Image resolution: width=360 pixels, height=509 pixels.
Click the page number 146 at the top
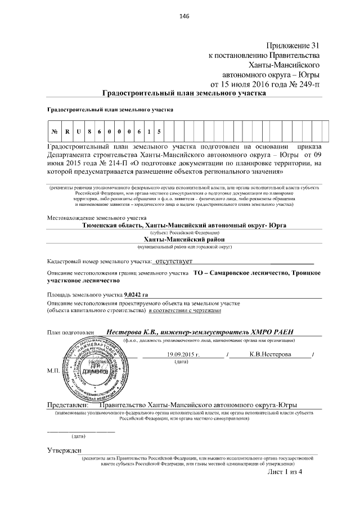click(183, 16)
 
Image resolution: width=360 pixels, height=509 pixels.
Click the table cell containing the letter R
click(67, 132)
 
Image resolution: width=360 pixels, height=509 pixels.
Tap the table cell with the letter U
click(80, 132)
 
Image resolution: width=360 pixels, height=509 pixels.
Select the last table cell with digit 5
click(160, 132)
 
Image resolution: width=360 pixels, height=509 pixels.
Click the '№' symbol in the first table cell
click(55, 132)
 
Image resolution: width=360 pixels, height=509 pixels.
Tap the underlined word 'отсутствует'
click(174, 262)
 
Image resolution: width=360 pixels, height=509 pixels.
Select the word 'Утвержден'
click(64, 451)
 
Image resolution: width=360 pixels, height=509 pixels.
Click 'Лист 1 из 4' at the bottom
click(285, 471)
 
